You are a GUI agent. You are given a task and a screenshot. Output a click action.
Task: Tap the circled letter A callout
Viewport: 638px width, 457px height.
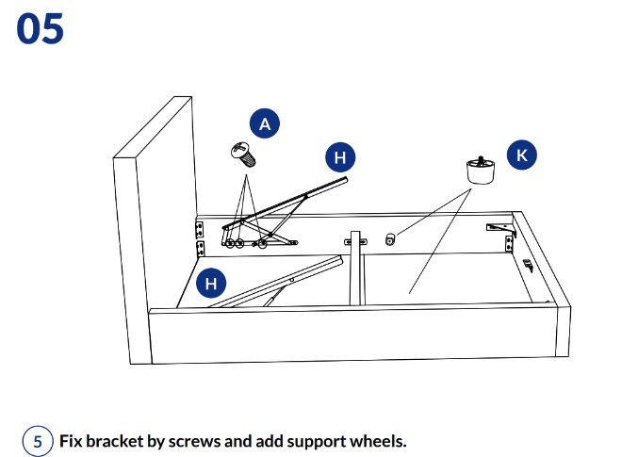click(265, 123)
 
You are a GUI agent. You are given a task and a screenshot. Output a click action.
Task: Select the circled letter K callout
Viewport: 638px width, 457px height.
click(522, 155)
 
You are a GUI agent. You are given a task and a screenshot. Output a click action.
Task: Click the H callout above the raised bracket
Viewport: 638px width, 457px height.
click(340, 157)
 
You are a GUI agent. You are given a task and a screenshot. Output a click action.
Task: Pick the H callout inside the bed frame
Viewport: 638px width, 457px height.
click(211, 282)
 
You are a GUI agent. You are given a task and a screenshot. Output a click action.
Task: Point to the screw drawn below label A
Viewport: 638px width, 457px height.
click(244, 153)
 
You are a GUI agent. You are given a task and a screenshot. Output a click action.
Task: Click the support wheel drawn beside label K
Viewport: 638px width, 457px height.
click(482, 170)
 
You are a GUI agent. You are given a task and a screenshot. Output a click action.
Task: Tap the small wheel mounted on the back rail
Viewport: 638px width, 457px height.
click(391, 240)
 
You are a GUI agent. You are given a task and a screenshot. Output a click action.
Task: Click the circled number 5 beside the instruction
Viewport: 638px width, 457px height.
click(38, 441)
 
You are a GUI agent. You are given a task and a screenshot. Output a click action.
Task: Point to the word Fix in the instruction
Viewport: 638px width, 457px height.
click(72, 441)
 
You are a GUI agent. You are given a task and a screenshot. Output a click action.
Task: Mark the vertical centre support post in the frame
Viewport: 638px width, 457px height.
click(356, 269)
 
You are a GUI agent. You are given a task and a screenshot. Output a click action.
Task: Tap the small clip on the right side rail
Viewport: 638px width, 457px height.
click(528, 265)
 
